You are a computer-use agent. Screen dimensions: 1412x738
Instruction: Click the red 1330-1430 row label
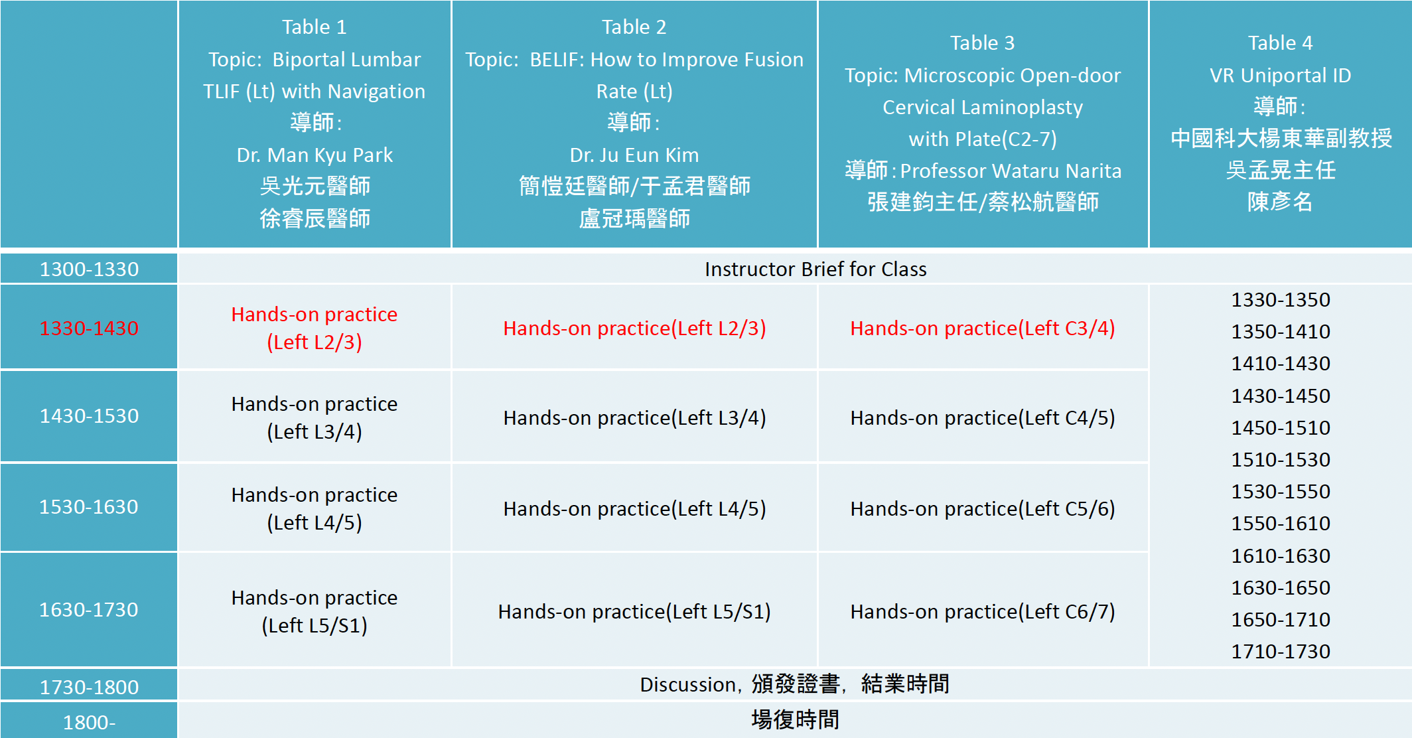(x=89, y=328)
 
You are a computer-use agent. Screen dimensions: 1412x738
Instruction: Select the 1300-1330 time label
(x=89, y=269)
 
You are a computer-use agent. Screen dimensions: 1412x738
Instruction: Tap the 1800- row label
(x=89, y=722)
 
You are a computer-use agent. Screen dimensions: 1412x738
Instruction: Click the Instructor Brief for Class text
(x=815, y=269)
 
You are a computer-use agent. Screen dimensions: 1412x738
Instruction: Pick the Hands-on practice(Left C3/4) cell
(x=983, y=328)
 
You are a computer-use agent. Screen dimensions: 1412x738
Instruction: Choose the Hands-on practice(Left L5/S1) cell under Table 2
(x=634, y=611)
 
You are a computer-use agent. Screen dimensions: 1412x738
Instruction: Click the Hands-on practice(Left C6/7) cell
(x=983, y=611)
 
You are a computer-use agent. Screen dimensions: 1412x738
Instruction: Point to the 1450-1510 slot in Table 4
(x=1281, y=427)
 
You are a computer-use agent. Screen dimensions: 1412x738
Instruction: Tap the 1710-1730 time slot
(x=1281, y=651)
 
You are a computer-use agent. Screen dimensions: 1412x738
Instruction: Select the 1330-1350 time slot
(x=1281, y=299)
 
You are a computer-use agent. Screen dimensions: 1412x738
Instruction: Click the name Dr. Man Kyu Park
(x=315, y=155)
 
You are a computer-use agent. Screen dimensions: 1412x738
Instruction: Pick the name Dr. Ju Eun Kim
(x=634, y=155)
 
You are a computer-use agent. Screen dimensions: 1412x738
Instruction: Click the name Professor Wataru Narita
(x=1011, y=171)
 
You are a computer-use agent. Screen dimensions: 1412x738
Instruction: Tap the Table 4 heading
(x=1281, y=42)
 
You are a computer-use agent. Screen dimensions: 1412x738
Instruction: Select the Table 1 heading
(x=315, y=27)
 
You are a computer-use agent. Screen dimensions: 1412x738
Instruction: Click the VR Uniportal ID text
(x=1281, y=75)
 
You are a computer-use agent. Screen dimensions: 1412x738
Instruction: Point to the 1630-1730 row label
(x=89, y=609)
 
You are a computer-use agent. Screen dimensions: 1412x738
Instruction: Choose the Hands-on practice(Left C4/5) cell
(x=983, y=417)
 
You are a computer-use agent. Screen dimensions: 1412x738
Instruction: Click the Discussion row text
(x=794, y=684)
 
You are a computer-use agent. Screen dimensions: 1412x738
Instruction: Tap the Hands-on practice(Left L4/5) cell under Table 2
(x=634, y=508)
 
